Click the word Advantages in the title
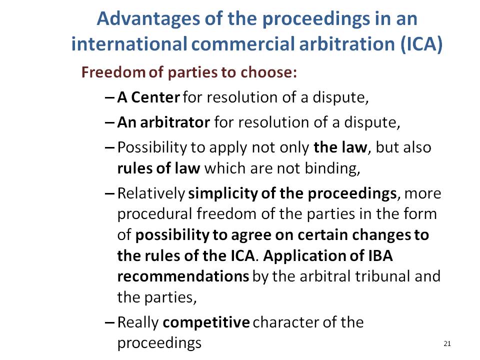(x=148, y=19)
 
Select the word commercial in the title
(x=243, y=44)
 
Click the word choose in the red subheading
(x=268, y=72)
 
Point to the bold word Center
(x=155, y=97)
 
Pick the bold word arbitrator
(x=175, y=122)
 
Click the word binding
(x=332, y=168)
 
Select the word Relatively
(x=151, y=194)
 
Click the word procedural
(x=154, y=214)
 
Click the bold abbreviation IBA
(x=380, y=255)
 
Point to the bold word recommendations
(x=183, y=276)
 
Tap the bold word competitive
(x=206, y=322)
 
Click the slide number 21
(x=447, y=344)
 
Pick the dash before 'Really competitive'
(x=109, y=322)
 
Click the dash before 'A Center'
(x=109, y=98)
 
